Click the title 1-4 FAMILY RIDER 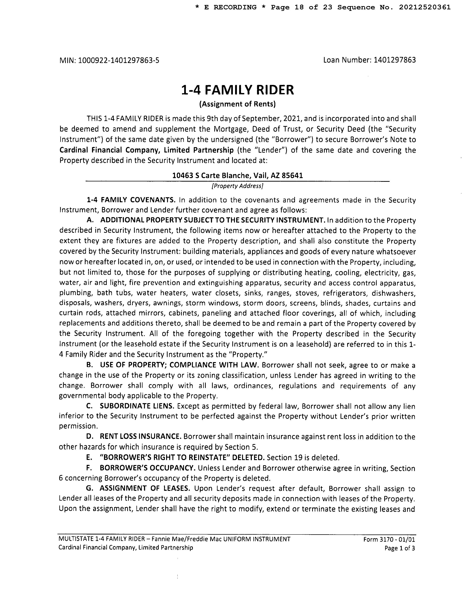237,90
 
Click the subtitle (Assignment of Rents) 237,104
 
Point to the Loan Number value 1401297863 395,60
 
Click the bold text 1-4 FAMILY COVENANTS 131,200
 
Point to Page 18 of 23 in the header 301,7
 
